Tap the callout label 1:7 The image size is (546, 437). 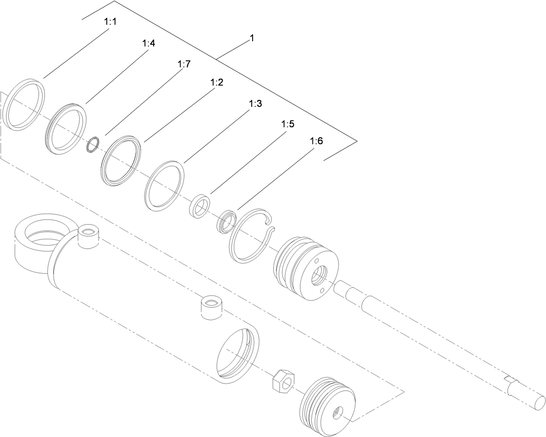pos(184,64)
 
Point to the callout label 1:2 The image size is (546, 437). pos(217,83)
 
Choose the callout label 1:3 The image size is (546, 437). pos(255,104)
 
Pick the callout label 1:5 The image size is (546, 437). pos(288,124)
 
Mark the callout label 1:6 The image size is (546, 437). pos(316,142)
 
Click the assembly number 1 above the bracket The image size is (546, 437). pos(252,38)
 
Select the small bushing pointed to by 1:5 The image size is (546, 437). pos(200,205)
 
